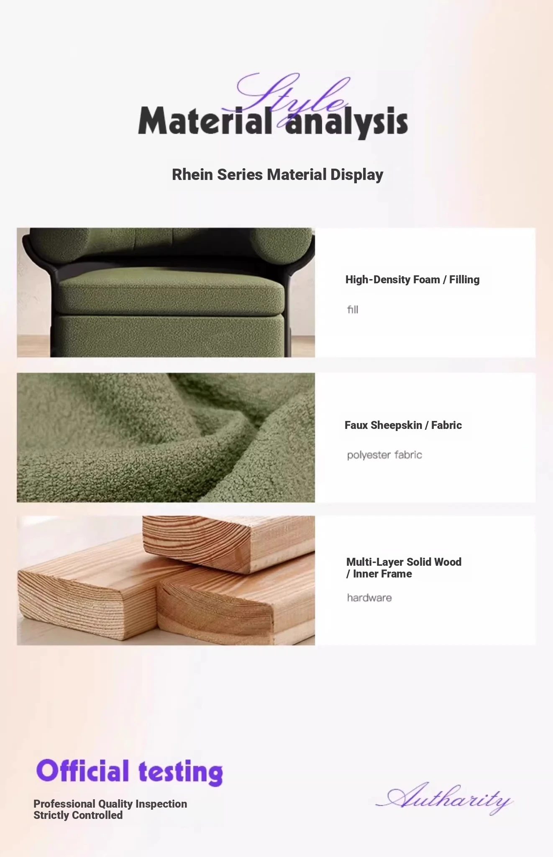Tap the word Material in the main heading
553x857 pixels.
point(205,121)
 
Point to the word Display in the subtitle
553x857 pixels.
point(357,175)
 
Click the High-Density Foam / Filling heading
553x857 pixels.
point(412,280)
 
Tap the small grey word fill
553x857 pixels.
point(353,309)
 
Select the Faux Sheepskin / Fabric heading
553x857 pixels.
point(403,425)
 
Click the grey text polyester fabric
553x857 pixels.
point(384,455)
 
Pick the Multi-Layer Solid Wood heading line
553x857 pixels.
point(404,562)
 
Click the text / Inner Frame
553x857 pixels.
point(379,574)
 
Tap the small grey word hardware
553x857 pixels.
point(369,598)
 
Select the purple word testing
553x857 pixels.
point(181,772)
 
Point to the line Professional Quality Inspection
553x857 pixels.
point(110,804)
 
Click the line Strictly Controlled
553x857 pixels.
point(78,815)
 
